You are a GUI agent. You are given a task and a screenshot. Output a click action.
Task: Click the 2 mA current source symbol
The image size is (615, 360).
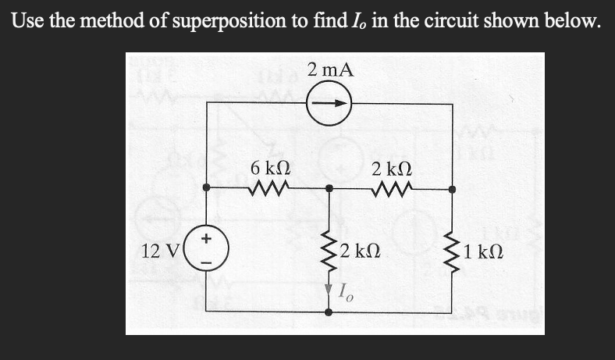click(329, 103)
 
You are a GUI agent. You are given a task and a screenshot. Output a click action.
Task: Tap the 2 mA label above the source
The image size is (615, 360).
click(329, 70)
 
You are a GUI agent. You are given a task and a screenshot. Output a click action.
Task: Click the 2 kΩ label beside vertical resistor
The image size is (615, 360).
click(359, 251)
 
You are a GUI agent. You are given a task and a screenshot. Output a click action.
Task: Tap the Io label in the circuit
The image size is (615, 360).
click(347, 291)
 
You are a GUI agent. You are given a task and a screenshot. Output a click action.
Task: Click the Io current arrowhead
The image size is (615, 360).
click(329, 289)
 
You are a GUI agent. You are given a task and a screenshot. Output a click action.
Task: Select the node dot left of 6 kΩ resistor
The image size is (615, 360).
click(207, 188)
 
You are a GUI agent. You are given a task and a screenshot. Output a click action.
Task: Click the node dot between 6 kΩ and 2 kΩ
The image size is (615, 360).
click(329, 188)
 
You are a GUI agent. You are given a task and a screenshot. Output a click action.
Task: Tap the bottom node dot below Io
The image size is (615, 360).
click(329, 312)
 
